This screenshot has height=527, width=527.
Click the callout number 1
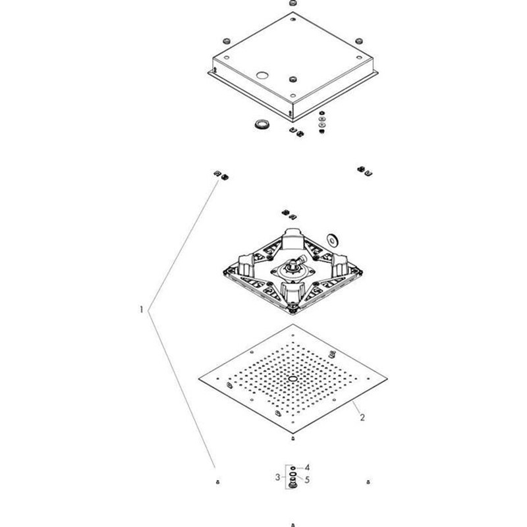pos(142,308)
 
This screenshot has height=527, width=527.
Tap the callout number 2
pos(361,417)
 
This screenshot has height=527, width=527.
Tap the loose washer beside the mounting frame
pos(333,239)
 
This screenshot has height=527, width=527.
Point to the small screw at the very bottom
pos(293,525)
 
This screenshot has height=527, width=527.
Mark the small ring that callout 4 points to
pos(292,468)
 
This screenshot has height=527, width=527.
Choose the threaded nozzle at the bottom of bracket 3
pos(292,486)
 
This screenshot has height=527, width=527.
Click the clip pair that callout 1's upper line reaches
pos(221,175)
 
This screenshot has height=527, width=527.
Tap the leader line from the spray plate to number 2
pos(347,406)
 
